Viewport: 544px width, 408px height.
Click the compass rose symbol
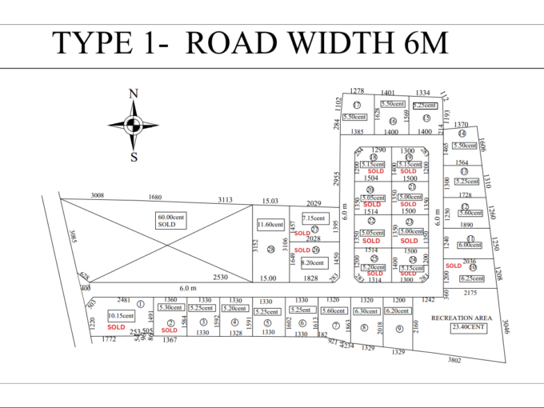click(134, 124)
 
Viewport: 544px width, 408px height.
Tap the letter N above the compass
click(134, 94)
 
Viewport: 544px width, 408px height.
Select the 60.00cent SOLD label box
click(171, 220)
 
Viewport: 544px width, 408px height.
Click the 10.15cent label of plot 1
click(121, 316)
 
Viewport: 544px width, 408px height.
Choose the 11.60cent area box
click(270, 226)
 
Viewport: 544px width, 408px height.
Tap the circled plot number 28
click(271, 250)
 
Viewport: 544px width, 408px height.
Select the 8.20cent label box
click(313, 262)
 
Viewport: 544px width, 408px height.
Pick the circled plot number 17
click(357, 106)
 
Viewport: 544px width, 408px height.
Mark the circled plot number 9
click(398, 328)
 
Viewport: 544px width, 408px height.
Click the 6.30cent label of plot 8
click(366, 311)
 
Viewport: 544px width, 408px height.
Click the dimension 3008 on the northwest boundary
click(98, 195)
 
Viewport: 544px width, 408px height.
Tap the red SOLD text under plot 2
click(169, 328)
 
